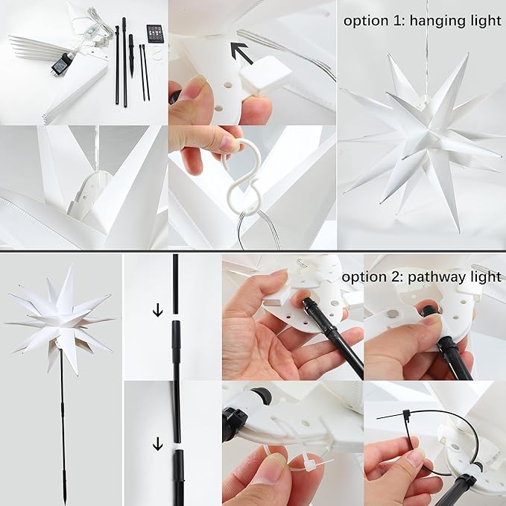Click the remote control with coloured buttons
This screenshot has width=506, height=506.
[x=156, y=34]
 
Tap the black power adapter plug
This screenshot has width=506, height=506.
[x=60, y=65]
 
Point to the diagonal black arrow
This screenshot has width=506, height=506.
[x=242, y=53]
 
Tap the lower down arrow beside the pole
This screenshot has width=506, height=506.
[x=157, y=444]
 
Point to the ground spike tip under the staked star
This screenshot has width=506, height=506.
[x=66, y=496]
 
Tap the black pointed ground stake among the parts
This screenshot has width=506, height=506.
[x=131, y=55]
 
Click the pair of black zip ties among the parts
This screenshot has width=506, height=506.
[x=145, y=72]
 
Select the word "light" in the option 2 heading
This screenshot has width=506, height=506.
[x=487, y=276]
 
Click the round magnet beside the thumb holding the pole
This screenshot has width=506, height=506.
[x=393, y=314]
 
